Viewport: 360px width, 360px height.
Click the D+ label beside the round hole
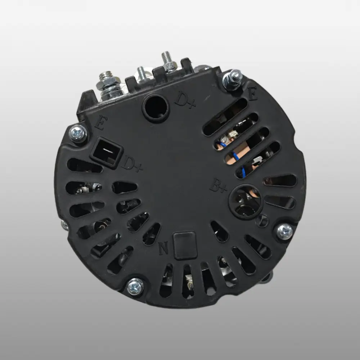[x=185, y=100]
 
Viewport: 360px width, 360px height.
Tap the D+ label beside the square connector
[x=133, y=164]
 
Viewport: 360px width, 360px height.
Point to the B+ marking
[x=219, y=185]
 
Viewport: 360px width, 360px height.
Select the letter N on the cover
[x=163, y=248]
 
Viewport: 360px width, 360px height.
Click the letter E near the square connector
[x=101, y=123]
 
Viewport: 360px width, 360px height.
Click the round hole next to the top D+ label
[x=156, y=107]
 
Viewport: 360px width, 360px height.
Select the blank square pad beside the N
[x=185, y=245]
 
